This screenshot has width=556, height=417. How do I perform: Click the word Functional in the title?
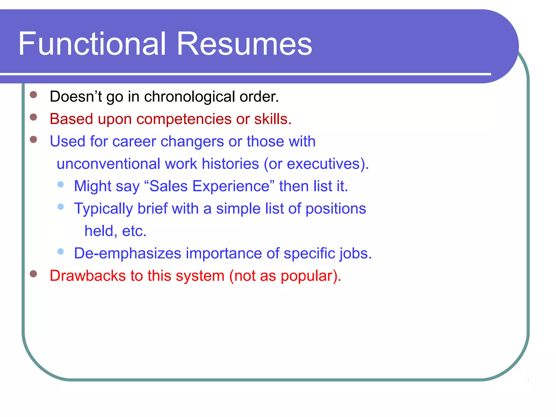point(92,44)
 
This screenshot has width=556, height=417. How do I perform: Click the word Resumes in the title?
point(244,44)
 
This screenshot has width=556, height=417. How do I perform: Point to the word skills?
point(272,119)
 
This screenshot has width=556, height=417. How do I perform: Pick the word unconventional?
point(109,164)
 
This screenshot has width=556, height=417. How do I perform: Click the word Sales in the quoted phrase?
point(168,186)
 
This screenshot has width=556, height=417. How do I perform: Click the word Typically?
point(103,209)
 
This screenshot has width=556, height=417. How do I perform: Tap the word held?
point(99,231)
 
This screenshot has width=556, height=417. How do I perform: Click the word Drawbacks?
point(88,276)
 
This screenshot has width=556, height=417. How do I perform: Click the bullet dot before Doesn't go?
point(33,95)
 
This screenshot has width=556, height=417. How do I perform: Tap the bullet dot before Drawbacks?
point(33,274)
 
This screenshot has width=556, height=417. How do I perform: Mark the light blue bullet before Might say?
point(61,185)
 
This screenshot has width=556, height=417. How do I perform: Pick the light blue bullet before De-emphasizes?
point(61,252)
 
